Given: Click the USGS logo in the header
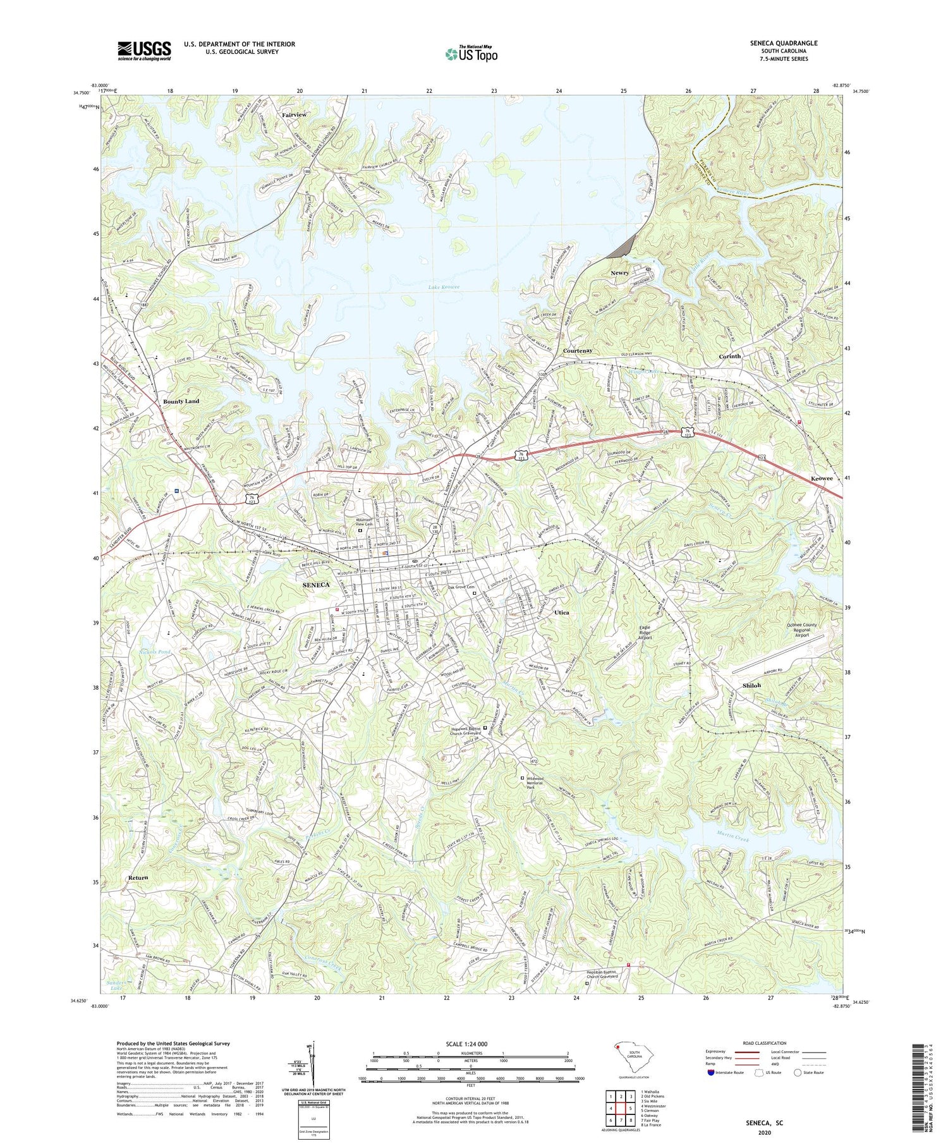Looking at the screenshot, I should (144, 51).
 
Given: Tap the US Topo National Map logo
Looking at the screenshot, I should (471, 54).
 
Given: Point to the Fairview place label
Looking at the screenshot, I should (294, 115).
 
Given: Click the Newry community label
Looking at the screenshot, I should (619, 273).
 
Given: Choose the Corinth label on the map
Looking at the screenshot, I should (730, 357).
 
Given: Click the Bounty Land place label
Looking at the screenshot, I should (181, 401).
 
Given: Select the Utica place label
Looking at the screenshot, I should (561, 613).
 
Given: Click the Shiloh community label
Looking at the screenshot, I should (751, 685).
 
